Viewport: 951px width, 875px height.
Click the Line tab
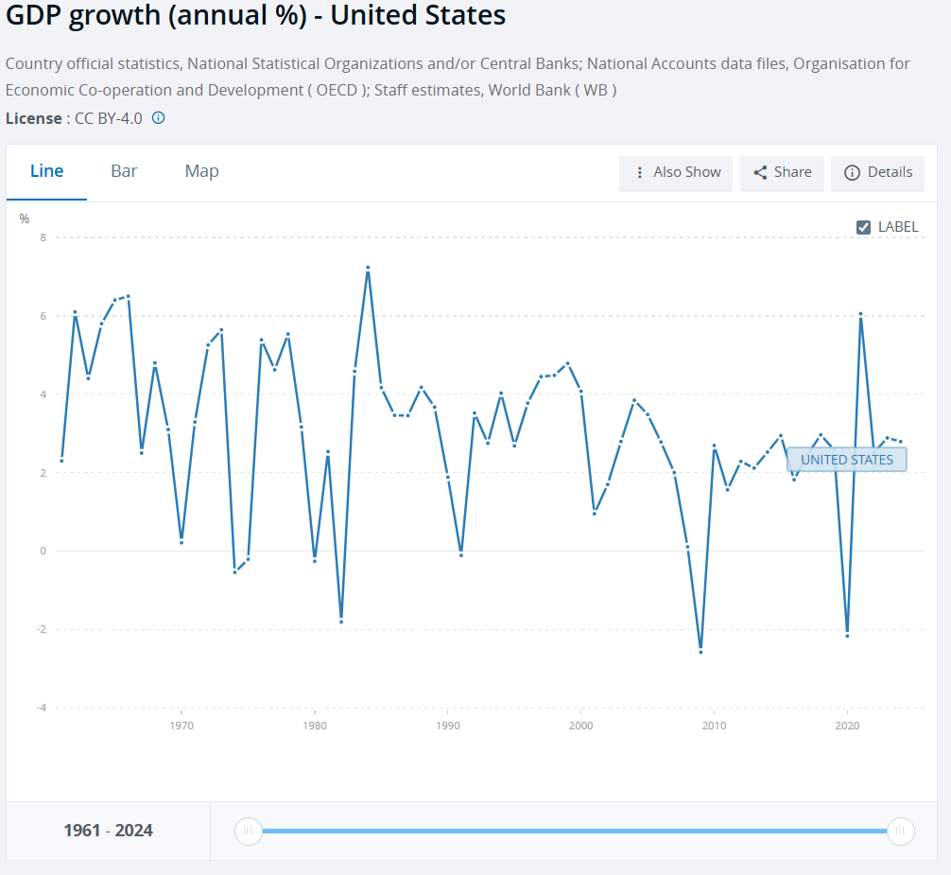click(46, 171)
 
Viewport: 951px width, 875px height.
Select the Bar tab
click(124, 171)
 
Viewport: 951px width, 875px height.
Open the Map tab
click(201, 171)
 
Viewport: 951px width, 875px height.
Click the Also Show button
click(676, 172)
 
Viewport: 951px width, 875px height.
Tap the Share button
click(782, 172)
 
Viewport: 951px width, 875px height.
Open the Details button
click(877, 172)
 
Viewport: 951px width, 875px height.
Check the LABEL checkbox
click(863, 227)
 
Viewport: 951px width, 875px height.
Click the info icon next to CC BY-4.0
click(159, 118)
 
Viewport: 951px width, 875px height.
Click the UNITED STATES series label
click(846, 460)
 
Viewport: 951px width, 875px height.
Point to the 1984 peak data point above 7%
click(368, 268)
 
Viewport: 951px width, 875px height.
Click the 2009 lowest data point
click(700, 652)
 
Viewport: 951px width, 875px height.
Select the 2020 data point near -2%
click(847, 636)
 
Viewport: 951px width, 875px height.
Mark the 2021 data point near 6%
click(860, 314)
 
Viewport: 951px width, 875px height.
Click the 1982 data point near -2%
click(341, 621)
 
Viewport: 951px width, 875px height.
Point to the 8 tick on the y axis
click(43, 237)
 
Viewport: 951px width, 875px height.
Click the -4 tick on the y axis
click(41, 709)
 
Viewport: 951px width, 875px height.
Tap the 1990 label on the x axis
click(448, 726)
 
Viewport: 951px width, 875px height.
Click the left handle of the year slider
click(248, 831)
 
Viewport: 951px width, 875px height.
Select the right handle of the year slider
click(900, 831)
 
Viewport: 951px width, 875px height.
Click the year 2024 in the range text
click(133, 831)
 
